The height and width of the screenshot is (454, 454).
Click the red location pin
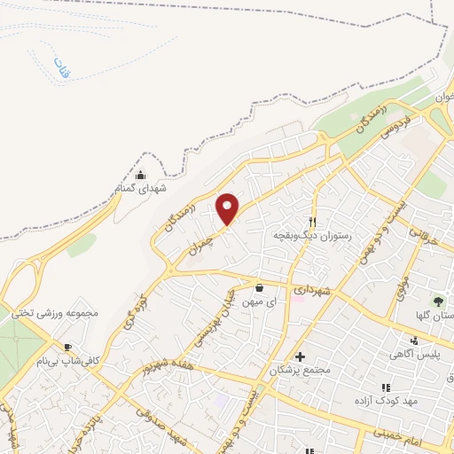point(228,208)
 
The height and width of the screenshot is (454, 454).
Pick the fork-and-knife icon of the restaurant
point(312,222)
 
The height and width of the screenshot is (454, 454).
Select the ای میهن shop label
point(259,302)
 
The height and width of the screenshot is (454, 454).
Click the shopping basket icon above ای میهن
point(259,287)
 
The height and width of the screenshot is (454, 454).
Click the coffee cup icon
point(69,347)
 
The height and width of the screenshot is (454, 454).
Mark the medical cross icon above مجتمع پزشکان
point(300,355)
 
